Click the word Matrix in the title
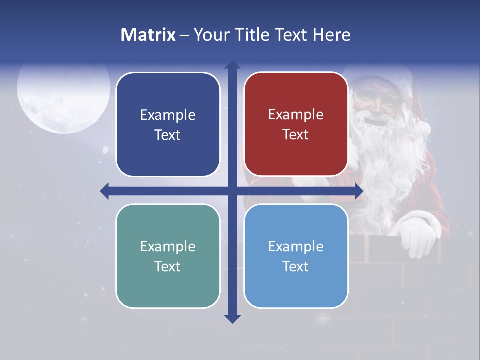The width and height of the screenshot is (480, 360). tap(148, 35)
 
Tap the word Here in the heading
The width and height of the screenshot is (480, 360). tap(332, 35)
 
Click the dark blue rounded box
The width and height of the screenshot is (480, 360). tap(168, 125)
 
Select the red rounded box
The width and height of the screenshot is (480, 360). tap(296, 124)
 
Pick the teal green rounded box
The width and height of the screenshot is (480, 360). tap(168, 256)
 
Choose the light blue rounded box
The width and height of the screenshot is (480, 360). tap(296, 256)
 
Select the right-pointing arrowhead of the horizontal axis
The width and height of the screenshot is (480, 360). tap(359, 191)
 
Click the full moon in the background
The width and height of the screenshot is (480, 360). tap(63, 97)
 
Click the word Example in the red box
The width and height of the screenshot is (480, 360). tap(296, 115)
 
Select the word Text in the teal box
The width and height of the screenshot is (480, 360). tap(168, 266)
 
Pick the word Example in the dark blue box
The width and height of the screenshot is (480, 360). tap(168, 115)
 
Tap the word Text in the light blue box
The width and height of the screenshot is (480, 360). tap(296, 266)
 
